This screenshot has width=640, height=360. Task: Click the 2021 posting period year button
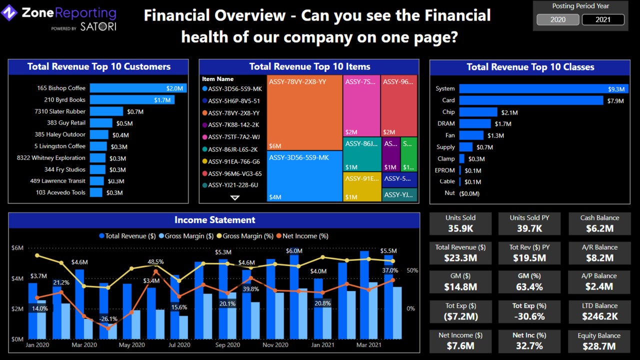pos(603,19)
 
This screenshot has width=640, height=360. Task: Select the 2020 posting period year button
pos(558,19)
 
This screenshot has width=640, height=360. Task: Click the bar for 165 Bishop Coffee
pos(138,88)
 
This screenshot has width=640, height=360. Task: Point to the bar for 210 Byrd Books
pos(132,100)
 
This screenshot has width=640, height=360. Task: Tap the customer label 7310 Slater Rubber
pos(60,111)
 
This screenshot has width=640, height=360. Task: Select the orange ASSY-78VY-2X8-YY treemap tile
pos(304,112)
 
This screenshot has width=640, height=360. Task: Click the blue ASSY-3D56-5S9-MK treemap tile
pos(304,176)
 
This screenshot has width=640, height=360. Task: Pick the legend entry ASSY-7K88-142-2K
pos(234,125)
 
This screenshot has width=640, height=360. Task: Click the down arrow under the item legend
pos(234,198)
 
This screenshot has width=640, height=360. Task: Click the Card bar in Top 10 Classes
pos(531,100)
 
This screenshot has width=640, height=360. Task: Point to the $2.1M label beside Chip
pos(509,112)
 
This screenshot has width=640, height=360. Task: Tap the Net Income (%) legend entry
pos(305,236)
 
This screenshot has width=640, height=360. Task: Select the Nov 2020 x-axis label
pos(275,345)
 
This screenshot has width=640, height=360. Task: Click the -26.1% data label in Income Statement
pos(108,319)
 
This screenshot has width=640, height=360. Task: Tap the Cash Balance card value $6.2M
pos(599,228)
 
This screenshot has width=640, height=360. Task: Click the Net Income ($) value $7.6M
pos(460,346)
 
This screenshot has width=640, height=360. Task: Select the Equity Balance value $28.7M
pos(599,346)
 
